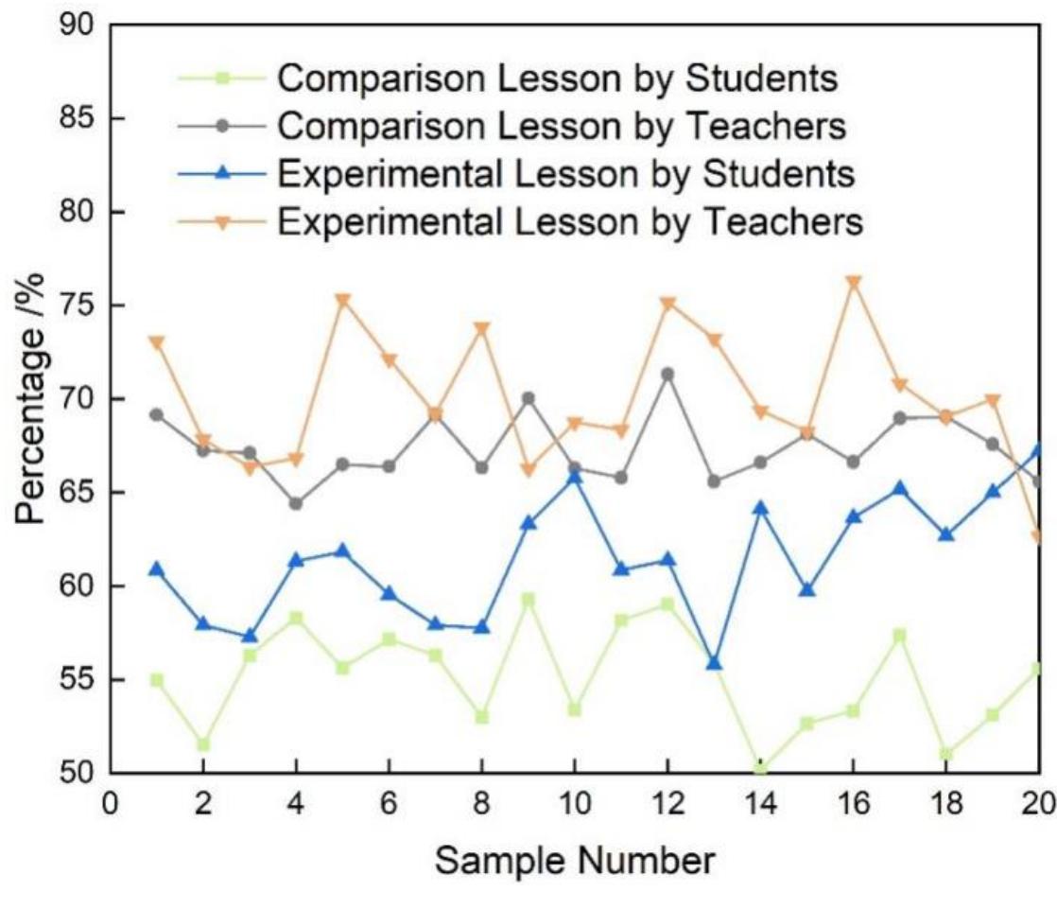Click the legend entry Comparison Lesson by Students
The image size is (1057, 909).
coord(558,79)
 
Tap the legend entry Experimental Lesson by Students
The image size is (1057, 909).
coord(566,174)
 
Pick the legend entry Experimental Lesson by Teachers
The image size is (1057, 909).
coord(571,221)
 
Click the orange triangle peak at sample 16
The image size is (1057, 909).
coord(854,283)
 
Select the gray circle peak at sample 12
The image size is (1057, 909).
coord(667,375)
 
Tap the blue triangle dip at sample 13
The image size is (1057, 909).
coord(715,663)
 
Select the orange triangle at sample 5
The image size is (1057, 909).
coord(342,301)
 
